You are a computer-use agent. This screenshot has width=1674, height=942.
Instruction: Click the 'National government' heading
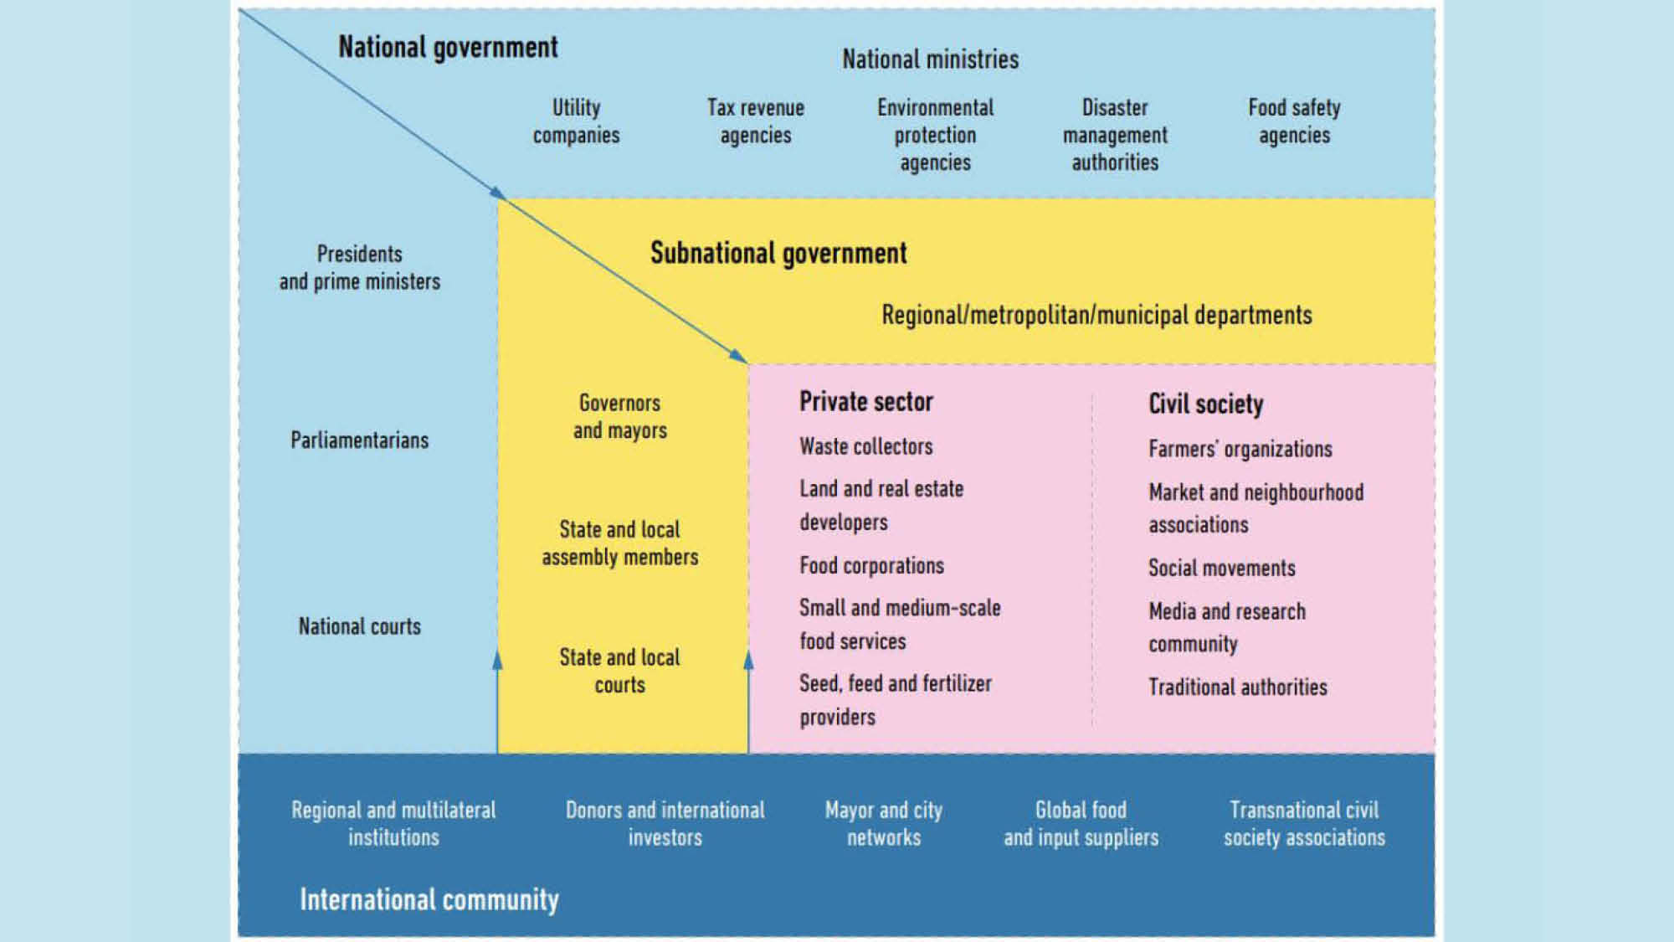pyautogui.click(x=448, y=48)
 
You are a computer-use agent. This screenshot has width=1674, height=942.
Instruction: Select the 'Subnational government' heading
pyautogui.click(x=778, y=253)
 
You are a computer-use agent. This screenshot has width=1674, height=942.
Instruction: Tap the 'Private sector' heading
pyautogui.click(x=866, y=402)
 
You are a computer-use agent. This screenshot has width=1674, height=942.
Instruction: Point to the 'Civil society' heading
pyautogui.click(x=1206, y=404)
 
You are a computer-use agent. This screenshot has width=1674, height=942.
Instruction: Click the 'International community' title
pyautogui.click(x=429, y=900)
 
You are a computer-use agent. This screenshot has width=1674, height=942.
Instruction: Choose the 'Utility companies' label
pyautogui.click(x=576, y=121)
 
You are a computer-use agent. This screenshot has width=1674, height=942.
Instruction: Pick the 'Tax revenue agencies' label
pyautogui.click(x=756, y=121)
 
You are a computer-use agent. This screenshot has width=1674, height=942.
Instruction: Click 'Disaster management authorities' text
pyautogui.click(x=1115, y=135)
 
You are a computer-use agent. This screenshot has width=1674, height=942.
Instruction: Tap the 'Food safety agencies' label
pyautogui.click(x=1294, y=121)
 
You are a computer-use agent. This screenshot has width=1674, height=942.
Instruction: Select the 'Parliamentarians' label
pyautogui.click(x=360, y=440)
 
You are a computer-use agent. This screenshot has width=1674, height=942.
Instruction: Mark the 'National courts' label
pyautogui.click(x=360, y=626)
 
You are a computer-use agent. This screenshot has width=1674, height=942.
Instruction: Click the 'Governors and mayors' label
pyautogui.click(x=620, y=417)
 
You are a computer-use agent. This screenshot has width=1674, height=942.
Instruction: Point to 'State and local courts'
pyautogui.click(x=620, y=671)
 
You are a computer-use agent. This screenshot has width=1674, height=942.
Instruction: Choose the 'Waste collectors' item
pyautogui.click(x=866, y=446)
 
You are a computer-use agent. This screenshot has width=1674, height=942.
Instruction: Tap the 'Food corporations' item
pyautogui.click(x=871, y=566)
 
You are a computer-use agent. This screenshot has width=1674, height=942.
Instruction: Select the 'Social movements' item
pyautogui.click(x=1222, y=569)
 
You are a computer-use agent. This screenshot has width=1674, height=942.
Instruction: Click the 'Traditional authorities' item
pyautogui.click(x=1238, y=687)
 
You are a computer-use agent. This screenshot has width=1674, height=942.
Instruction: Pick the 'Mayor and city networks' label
pyautogui.click(x=884, y=824)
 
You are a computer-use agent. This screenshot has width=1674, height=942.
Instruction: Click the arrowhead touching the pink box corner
pyautogui.click(x=738, y=357)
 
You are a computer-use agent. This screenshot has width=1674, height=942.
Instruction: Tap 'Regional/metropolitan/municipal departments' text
pyautogui.click(x=1096, y=316)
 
